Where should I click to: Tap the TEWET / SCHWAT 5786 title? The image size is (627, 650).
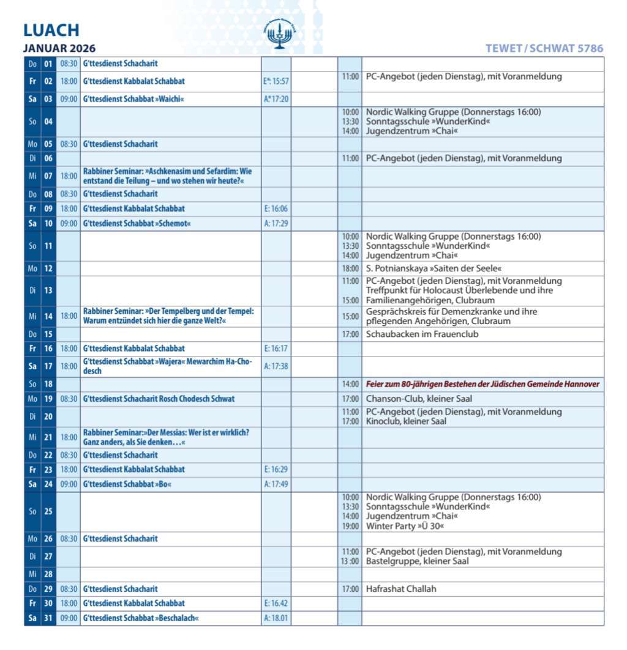[544, 48]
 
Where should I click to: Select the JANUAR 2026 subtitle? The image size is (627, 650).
[59, 48]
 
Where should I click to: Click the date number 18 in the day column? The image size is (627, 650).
[48, 384]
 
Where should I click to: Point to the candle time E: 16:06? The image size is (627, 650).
[276, 209]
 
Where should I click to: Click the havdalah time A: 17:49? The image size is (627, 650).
[276, 484]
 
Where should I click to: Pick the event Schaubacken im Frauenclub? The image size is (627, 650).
[422, 334]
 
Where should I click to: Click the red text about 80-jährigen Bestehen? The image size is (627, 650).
[482, 384]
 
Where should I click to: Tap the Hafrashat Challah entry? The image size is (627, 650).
[401, 589]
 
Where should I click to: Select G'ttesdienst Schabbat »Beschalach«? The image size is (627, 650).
[141, 618]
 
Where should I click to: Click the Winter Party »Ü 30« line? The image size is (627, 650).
[405, 526]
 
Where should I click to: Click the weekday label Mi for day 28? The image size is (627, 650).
[32, 574]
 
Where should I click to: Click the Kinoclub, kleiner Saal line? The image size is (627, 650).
[407, 421]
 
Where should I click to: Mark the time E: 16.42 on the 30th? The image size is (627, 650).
[276, 604]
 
